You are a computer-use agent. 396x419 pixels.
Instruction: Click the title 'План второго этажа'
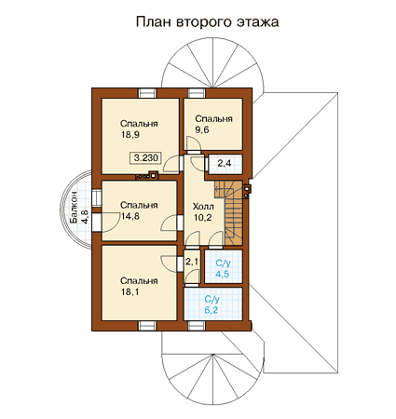pyautogui.click(x=207, y=22)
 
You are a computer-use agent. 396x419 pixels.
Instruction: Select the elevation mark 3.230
pyautogui.click(x=146, y=157)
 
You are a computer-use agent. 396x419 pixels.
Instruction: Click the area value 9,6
pyautogui.click(x=202, y=130)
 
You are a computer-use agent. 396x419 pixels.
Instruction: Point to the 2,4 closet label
pyautogui.click(x=224, y=163)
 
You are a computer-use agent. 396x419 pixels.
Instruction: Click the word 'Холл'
pyautogui.click(x=203, y=207)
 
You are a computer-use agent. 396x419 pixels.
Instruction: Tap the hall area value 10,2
pyautogui.click(x=203, y=218)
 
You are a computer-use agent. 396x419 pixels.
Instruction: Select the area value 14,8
pyautogui.click(x=130, y=216)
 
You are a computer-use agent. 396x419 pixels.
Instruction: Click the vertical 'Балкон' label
pyautogui.click(x=74, y=207)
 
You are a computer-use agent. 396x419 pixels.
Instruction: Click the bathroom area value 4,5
pyautogui.click(x=223, y=274)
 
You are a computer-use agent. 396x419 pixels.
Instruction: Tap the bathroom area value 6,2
pyautogui.click(x=212, y=310)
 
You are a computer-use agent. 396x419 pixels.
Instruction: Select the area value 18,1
pyautogui.click(x=130, y=291)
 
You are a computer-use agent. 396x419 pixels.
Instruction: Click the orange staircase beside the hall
pyautogui.click(x=229, y=212)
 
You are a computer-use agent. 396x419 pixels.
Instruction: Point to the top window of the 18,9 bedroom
pyautogui.click(x=147, y=93)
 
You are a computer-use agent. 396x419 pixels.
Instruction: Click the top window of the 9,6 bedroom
pyautogui.click(x=197, y=93)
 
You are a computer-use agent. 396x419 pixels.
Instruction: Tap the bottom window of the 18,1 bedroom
pyautogui.click(x=147, y=326)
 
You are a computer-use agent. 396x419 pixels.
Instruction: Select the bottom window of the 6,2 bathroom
pyautogui.click(x=197, y=326)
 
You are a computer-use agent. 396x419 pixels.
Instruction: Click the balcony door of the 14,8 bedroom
pyautogui.click(x=97, y=223)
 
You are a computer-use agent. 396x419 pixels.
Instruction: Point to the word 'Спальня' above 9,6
pyautogui.click(x=213, y=119)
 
